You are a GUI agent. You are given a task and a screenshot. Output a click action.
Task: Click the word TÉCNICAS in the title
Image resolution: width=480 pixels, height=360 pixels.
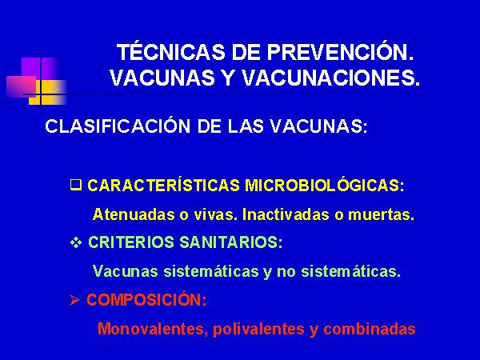[171, 51]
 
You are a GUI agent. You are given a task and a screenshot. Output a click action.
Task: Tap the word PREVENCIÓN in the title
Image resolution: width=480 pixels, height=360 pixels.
[340, 51]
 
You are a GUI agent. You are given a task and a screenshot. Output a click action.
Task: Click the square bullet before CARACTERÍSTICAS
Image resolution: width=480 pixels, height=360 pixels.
[76, 185]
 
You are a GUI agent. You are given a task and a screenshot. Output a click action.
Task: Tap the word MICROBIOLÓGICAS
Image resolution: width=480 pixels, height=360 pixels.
[325, 185]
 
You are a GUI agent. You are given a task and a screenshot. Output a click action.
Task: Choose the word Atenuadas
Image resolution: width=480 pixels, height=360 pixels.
[134, 214]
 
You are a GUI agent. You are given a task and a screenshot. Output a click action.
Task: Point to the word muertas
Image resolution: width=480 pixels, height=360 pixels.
[381, 214]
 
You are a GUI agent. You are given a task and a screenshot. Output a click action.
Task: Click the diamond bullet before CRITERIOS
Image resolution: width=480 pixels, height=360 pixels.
[76, 242]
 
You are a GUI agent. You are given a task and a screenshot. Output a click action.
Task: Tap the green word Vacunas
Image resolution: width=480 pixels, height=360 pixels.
[126, 271]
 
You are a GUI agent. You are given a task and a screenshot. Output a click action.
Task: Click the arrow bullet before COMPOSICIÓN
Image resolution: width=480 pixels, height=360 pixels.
[74, 300]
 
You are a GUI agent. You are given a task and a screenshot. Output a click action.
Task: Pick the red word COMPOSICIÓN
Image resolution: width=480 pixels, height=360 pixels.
[147, 299]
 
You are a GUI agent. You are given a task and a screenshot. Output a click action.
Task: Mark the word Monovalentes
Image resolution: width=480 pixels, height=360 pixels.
[153, 329]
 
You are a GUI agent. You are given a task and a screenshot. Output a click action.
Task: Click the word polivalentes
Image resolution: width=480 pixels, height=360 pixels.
[258, 329]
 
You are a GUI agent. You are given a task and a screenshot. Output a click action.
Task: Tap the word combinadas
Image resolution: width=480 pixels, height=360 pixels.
[370, 329]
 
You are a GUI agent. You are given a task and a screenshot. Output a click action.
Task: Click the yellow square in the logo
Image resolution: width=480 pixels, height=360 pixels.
[48, 93]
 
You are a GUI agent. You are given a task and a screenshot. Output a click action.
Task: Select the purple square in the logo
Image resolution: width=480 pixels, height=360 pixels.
[39, 69]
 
